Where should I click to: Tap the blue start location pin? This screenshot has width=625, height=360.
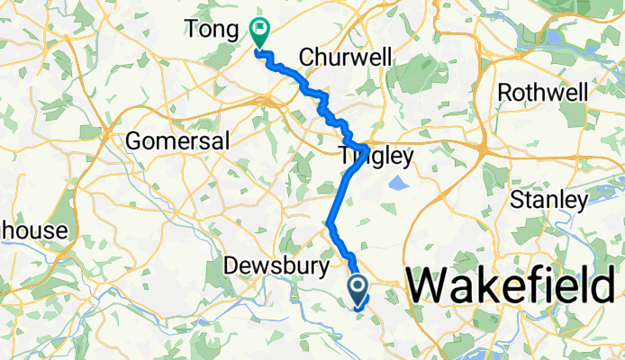click(358, 289)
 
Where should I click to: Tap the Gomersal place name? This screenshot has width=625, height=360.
click(178, 141)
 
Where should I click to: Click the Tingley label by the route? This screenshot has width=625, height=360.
click(376, 157)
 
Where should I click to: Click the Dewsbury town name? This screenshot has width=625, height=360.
click(267, 267)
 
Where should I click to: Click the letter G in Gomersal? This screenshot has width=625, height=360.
click(135, 141)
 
